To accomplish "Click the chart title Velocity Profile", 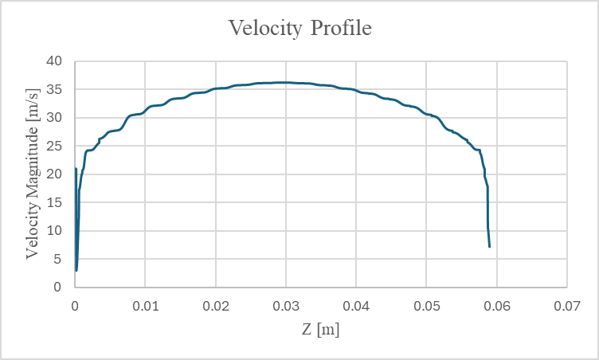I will click(x=300, y=29).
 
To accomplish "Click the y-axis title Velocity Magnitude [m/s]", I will click(x=32, y=174).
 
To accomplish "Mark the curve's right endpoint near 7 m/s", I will click(x=489, y=246).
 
